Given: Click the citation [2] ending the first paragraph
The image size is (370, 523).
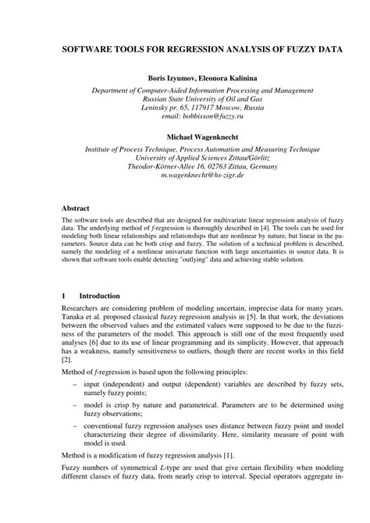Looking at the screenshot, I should (66, 360).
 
